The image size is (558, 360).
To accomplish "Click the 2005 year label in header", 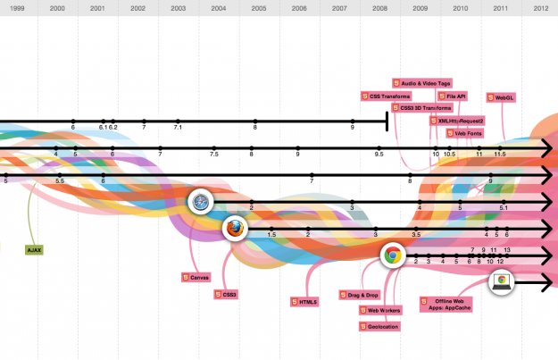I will tap(259, 7).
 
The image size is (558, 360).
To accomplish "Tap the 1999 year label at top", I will tap(17, 7).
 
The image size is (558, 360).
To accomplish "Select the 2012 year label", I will tap(540, 7).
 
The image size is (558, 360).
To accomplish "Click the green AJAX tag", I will tap(35, 250).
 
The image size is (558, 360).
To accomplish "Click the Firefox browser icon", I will tap(234, 230).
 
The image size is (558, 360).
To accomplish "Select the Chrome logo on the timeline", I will tap(391, 256).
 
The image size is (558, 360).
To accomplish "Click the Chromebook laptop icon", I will tap(503, 282).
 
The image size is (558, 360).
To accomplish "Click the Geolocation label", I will tap(380, 327).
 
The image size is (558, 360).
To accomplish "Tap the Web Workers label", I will tap(380, 310).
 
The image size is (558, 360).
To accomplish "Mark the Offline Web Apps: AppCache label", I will tap(446, 305).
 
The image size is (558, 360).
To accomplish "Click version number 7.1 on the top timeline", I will tap(178, 128).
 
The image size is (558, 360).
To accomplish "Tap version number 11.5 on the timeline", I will tap(500, 154).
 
